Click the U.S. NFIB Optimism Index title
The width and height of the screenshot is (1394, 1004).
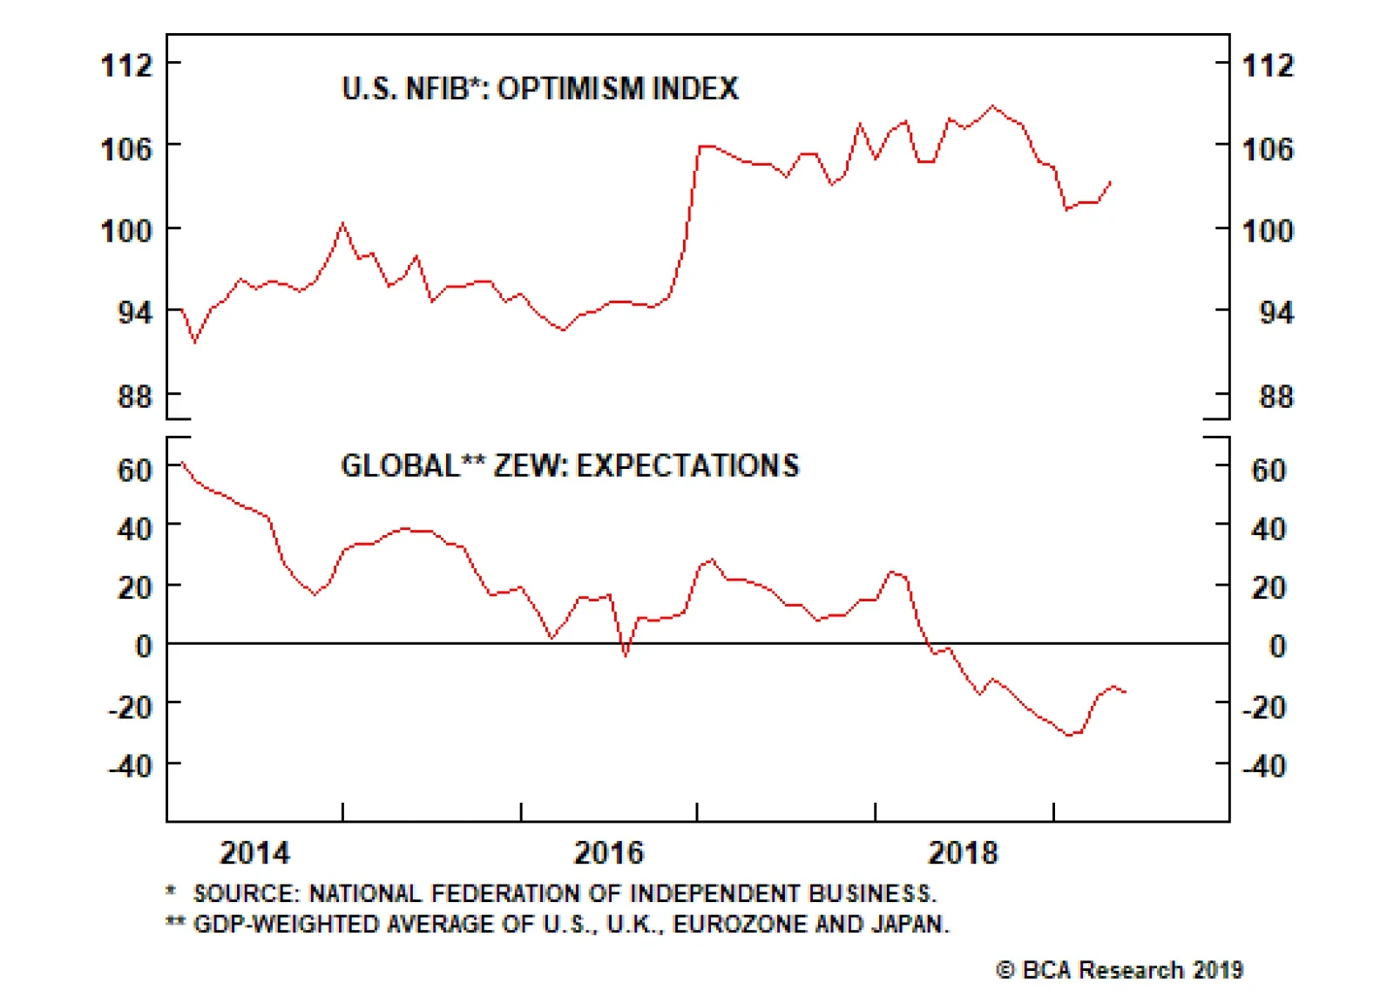point(540,88)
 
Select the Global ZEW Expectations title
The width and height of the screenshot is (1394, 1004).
point(570,465)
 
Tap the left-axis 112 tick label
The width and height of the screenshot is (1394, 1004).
point(127,65)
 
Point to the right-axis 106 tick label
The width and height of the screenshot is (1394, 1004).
point(1268,148)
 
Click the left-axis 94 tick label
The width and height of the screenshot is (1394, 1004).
point(135,312)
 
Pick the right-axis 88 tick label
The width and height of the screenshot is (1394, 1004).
point(1276,397)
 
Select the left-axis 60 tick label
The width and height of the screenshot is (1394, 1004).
point(135,471)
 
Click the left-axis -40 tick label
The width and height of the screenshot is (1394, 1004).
point(130,766)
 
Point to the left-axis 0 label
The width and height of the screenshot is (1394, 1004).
point(144,646)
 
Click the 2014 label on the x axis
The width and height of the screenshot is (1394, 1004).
point(254,852)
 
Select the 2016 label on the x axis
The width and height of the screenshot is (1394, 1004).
point(608,852)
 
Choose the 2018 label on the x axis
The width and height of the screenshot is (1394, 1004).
point(962,852)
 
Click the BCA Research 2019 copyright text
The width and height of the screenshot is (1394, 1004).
point(1120,970)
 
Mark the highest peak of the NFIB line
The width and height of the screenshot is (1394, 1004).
point(992,106)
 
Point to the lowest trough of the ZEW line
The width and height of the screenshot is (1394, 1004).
point(1070,736)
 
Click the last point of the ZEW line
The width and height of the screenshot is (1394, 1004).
point(1126,692)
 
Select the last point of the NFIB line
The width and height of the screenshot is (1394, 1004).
point(1110,181)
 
